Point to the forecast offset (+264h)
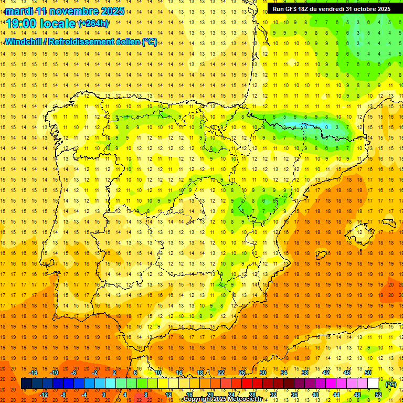point(93,24)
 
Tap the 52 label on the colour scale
point(378,395)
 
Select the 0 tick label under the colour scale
point(104,395)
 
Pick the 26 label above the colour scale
point(242,373)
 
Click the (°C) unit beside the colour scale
point(390,384)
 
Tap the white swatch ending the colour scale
point(373,384)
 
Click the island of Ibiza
point(322,255)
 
